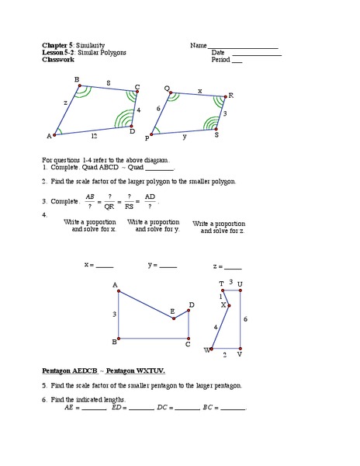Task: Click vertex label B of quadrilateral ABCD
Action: [x=76, y=80]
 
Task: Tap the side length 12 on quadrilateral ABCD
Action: [x=92, y=137]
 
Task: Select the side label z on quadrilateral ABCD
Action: [x=66, y=103]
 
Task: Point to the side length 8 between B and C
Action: [x=108, y=82]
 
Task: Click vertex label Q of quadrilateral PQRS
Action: [x=168, y=88]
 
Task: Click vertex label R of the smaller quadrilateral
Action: [x=230, y=95]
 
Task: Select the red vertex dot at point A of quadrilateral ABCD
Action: [x=54, y=134]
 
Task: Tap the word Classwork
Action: [x=60, y=59]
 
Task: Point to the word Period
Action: [x=220, y=59]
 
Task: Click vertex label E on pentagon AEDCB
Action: [x=172, y=311]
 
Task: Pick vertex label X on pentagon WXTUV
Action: [x=223, y=305]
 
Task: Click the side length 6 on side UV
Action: [x=245, y=319]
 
